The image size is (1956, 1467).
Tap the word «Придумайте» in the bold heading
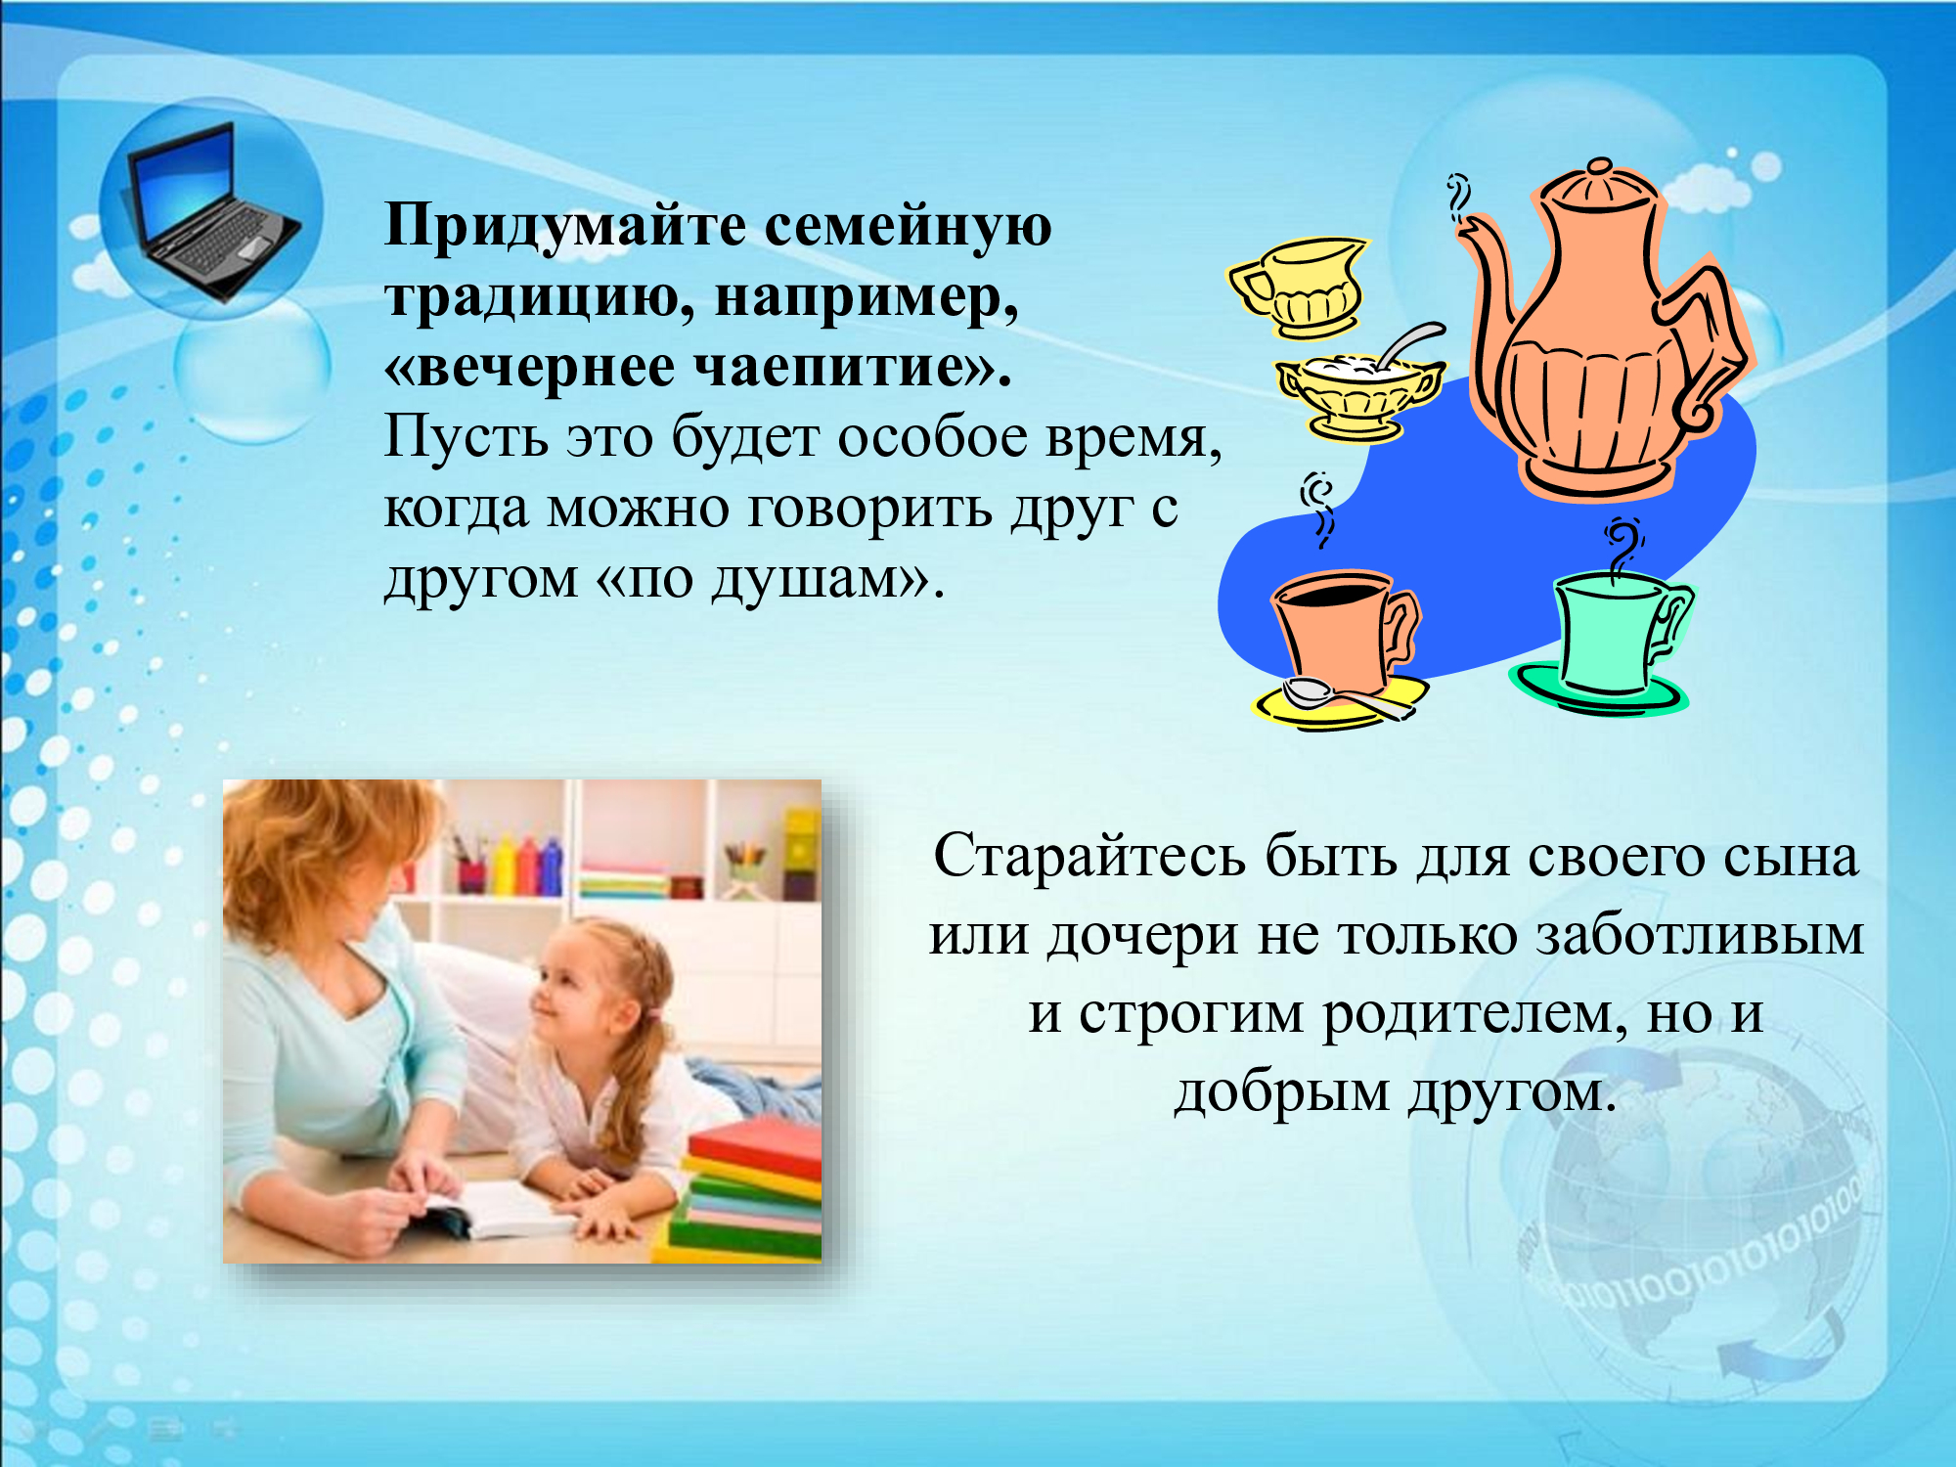pyautogui.click(x=566, y=226)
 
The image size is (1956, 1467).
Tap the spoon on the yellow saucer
pyautogui.click(x=1346, y=697)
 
